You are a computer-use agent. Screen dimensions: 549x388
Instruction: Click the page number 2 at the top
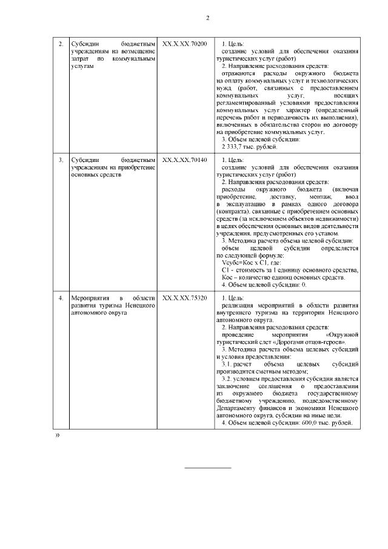(207, 17)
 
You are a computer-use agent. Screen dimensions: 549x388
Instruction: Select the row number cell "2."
(61, 44)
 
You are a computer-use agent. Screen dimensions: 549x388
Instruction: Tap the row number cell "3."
(61, 160)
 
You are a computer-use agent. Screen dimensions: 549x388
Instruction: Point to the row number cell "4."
(61, 298)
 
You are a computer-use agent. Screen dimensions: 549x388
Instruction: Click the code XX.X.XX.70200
(184, 44)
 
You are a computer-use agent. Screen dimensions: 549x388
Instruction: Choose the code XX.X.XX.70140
(184, 160)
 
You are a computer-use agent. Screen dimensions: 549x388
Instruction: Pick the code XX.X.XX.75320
(184, 298)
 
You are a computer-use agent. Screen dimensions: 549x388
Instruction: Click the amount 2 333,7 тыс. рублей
(249, 146)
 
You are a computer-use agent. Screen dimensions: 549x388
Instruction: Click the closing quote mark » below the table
(58, 436)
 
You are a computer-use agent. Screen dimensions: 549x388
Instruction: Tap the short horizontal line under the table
(207, 467)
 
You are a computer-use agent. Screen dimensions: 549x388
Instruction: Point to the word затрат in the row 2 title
(79, 59)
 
